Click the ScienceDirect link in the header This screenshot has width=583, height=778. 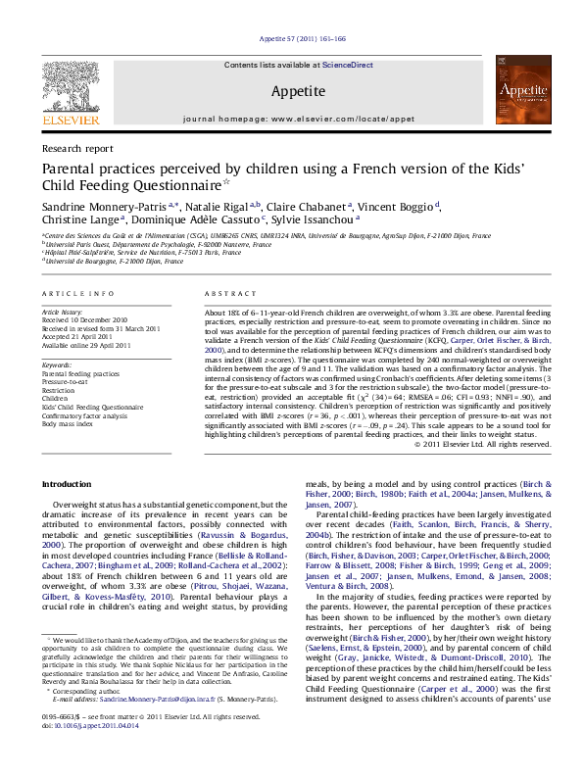point(348,65)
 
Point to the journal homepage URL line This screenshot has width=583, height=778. point(292,119)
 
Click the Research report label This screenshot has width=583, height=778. point(77,148)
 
